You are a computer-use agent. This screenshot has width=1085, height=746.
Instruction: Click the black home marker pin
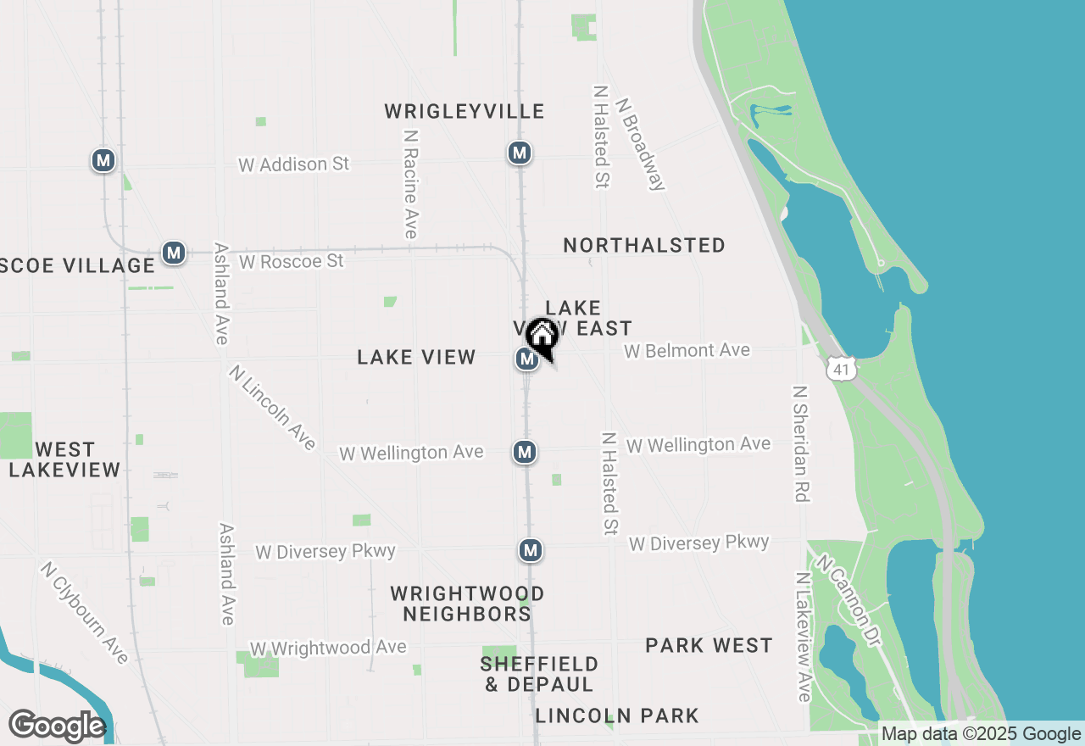coord(542,337)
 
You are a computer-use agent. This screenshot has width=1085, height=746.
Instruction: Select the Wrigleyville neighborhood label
coord(464,112)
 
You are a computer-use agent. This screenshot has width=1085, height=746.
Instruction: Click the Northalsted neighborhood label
coord(644,246)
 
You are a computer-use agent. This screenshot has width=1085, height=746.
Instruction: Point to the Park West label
coord(709,646)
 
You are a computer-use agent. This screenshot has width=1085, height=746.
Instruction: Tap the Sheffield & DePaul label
coord(539,674)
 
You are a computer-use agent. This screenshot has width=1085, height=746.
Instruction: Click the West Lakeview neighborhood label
coord(64,459)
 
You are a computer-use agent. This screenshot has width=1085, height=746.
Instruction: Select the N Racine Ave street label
coord(411,184)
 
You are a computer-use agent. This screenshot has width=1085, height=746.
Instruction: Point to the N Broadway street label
coord(642,143)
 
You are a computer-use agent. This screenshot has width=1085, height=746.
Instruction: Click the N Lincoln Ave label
coord(272,408)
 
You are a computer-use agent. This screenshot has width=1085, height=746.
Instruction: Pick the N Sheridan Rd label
coord(801,443)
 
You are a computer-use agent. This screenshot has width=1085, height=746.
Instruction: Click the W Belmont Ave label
coord(687,350)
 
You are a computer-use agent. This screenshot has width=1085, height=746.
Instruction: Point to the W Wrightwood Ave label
coord(328,649)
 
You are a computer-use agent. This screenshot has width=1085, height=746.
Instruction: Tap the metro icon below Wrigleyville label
coord(519,153)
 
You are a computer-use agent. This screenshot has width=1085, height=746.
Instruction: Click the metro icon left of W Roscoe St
coord(174,253)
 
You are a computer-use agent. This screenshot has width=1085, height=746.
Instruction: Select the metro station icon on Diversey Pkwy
coord(531,551)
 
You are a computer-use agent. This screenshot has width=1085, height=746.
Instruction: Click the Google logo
coord(57,727)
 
